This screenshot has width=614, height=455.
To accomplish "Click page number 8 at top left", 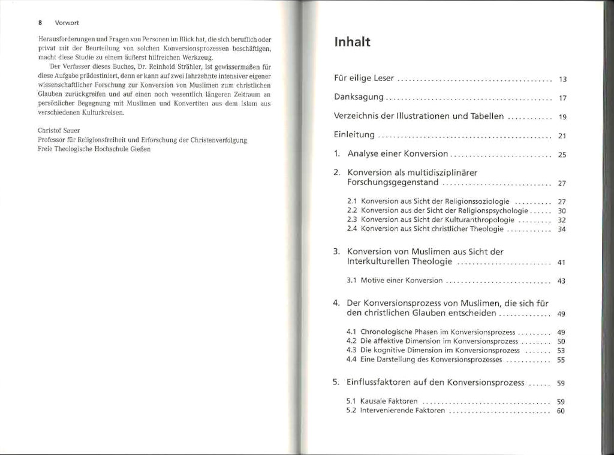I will pos(40,25).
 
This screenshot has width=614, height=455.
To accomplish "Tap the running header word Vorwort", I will pos(64,25).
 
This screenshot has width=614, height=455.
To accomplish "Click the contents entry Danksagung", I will pos(359,98).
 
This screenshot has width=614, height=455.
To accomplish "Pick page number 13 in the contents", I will pos(562,79).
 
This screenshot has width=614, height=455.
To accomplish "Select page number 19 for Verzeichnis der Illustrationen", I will pos(562,117).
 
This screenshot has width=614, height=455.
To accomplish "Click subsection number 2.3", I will pos(352,219).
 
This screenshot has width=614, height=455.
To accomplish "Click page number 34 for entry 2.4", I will pos(562,229).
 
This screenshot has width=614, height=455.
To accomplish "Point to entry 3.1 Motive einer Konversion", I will pos(395,281).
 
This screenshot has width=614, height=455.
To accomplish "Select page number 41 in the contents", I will pos(562,263).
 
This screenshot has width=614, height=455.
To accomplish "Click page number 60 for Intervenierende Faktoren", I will pos(562,411).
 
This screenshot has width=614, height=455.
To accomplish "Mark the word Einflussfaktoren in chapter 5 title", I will pos(379,382).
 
